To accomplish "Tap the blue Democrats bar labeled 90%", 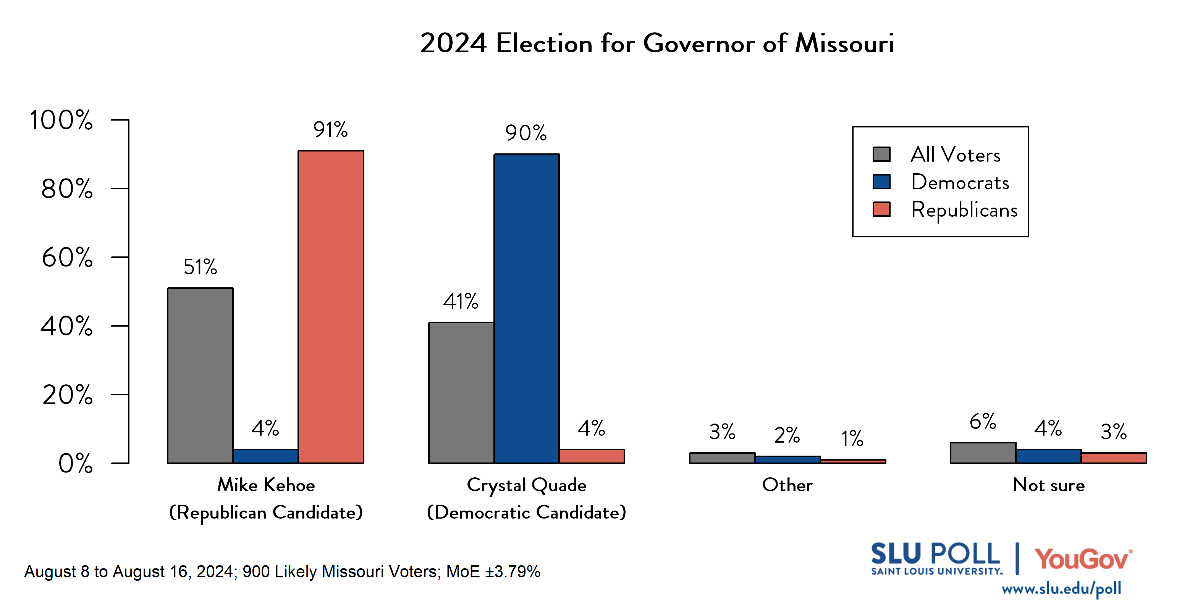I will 526,308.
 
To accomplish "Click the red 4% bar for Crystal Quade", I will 592,456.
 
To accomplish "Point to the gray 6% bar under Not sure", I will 983,453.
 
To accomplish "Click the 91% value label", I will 330,130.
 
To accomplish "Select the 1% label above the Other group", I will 852,438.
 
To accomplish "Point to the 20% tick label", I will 67,395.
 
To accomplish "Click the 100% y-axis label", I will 61,120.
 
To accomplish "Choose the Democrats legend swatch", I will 881,182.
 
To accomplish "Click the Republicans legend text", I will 964,209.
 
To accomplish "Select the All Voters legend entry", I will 955,155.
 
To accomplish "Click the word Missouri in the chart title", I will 844,44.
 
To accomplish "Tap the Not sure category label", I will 1048,485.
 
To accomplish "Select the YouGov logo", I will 1083,559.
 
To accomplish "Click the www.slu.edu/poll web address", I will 1061,589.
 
